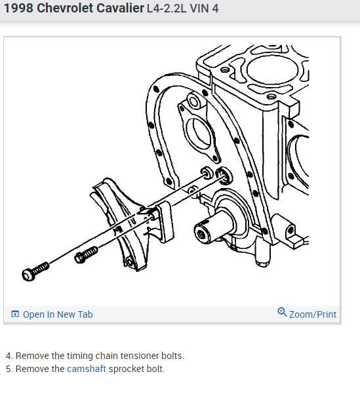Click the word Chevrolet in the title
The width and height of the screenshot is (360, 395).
click(65, 9)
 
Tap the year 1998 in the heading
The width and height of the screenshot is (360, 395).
click(18, 9)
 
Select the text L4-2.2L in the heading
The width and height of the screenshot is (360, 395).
click(167, 9)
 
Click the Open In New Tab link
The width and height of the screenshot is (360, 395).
click(58, 314)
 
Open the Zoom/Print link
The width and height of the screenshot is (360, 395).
click(313, 314)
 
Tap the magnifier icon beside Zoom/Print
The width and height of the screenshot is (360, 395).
click(282, 312)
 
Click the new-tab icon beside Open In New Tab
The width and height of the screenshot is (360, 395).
click(15, 314)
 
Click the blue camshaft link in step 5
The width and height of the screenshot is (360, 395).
click(87, 369)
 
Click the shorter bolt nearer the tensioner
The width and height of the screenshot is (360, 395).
click(86, 255)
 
